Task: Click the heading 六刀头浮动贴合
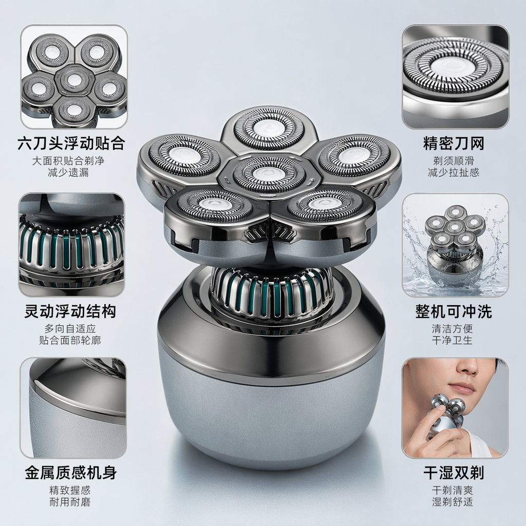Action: point(71,143)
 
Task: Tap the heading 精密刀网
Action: point(454,143)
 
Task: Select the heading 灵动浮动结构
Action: point(70,311)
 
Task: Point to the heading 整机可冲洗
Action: point(454,311)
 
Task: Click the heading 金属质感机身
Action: point(71,473)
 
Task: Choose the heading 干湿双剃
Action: point(454,473)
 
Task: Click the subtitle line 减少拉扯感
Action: point(454,173)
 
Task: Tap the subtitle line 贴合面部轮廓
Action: point(70,340)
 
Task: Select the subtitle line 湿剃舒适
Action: point(453,502)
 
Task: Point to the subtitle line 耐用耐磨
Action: point(70,502)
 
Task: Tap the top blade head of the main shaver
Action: point(269,128)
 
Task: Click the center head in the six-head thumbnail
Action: point(74,80)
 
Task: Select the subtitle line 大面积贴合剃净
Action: point(68,160)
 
